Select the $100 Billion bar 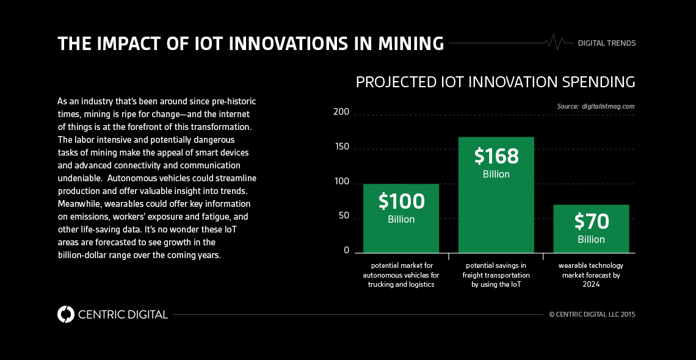coord(401,218)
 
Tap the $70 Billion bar coord(591,228)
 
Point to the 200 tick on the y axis coord(342,112)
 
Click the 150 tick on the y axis coord(342,147)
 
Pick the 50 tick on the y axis coord(344,216)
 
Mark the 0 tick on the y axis coord(346,251)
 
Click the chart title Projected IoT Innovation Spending coord(495,82)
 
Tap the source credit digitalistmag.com coord(596,106)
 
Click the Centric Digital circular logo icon coord(65,314)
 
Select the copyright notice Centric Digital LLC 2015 coord(592,315)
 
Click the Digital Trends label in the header coord(606,43)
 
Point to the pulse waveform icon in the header coord(554,42)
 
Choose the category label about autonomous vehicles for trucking coord(401,275)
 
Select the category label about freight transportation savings coord(496,275)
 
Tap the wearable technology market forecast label coord(591,275)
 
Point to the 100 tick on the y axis coord(342,182)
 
